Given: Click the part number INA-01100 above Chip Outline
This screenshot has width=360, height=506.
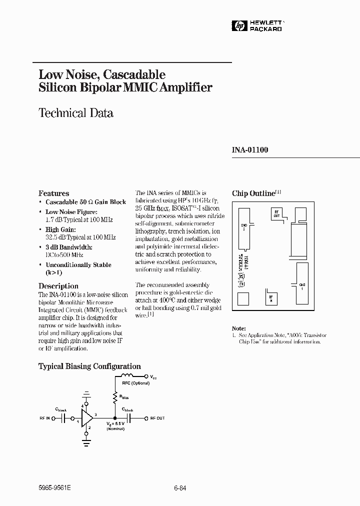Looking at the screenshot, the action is pyautogui.click(x=250, y=149).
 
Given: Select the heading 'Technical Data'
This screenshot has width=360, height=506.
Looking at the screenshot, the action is pyautogui.click(x=76, y=113).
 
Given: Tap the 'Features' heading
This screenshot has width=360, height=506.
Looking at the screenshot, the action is pyautogui.click(x=54, y=193).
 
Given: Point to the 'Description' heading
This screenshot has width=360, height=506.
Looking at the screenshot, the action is pyautogui.click(x=58, y=286).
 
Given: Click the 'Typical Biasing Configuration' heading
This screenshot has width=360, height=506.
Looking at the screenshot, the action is pyautogui.click(x=89, y=366).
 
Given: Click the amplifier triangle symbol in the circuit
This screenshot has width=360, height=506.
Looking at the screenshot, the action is pyautogui.click(x=87, y=417).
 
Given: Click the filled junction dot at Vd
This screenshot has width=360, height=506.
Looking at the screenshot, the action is pyautogui.click(x=115, y=417).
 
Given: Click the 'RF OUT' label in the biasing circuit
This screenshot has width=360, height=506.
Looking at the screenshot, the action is pyautogui.click(x=157, y=417).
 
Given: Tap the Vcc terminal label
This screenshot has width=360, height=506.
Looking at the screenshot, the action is pyautogui.click(x=152, y=376).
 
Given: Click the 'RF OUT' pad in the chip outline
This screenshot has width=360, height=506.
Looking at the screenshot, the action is pyautogui.click(x=276, y=214).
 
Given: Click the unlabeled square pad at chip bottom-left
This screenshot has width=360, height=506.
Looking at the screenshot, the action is pyautogui.click(x=242, y=299).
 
